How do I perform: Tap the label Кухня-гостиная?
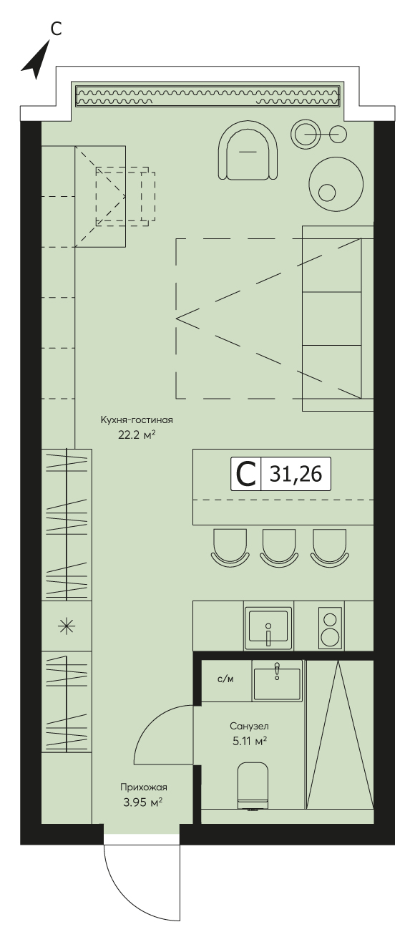tap(137, 419)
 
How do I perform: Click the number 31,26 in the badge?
tap(296, 474)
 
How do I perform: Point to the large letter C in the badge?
tap(245, 474)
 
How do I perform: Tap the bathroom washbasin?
tap(277, 680)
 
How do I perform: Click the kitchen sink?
tap(268, 626)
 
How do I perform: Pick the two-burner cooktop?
tap(331, 626)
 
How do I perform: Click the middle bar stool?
tap(280, 547)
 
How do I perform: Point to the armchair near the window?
tap(249, 153)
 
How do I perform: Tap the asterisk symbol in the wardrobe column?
tap(67, 627)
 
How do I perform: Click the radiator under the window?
tap(207, 95)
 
